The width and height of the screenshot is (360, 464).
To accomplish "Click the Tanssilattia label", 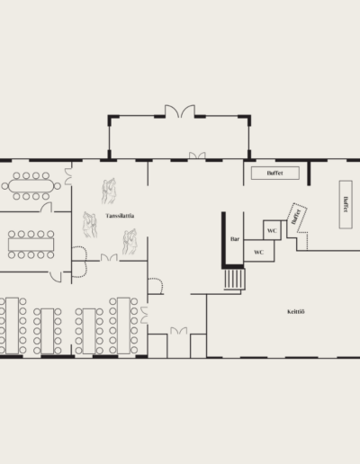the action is [120, 216].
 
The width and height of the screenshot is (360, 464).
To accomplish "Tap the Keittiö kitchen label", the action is [296, 312].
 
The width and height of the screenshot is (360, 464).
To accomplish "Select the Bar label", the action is [235, 239].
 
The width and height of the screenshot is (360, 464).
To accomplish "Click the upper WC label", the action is [272, 230].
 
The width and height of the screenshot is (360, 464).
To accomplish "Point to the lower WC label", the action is [258, 252].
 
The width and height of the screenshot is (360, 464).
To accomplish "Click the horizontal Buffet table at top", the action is [275, 173].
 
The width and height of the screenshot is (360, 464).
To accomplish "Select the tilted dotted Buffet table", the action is [297, 218].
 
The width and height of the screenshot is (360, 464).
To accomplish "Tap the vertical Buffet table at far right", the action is [346, 204].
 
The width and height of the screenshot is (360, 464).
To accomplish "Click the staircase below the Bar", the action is [235, 279].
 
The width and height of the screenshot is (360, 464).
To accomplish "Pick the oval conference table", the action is [31, 186].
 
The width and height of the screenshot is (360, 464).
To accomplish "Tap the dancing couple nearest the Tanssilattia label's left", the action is [90, 225].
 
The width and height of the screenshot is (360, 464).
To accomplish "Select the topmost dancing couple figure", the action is [109, 191].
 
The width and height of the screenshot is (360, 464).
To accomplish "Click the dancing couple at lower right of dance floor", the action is [130, 242].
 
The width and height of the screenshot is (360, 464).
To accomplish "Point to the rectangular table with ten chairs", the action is [31, 245].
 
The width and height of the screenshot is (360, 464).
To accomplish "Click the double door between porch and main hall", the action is [197, 156].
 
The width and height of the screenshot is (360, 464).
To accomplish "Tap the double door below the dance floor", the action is [109, 257].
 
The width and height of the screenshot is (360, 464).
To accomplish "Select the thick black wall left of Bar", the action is [223, 240].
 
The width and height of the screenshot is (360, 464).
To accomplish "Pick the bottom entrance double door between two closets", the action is [179, 331].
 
